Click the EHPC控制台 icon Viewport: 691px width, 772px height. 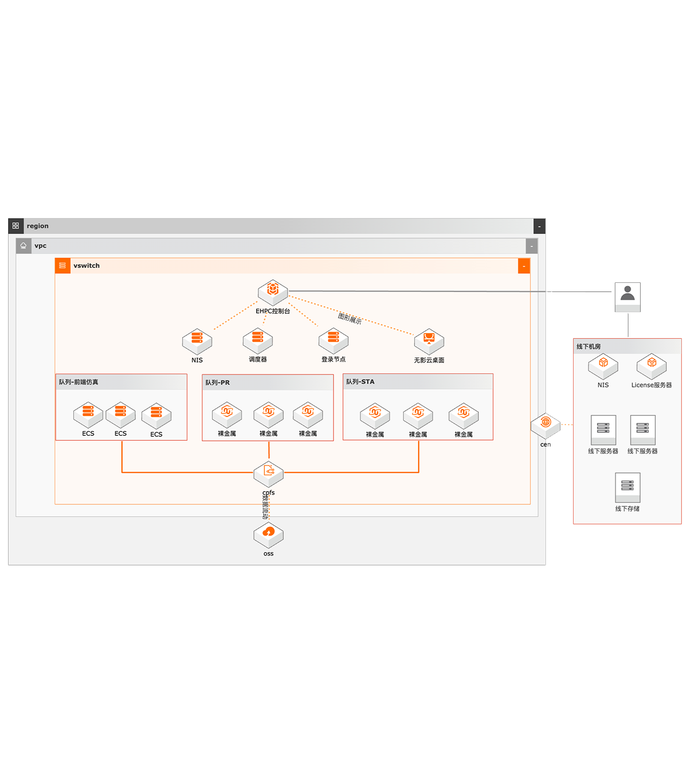(x=273, y=292)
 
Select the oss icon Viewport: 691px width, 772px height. (x=268, y=535)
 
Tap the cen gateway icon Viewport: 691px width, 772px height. (x=546, y=425)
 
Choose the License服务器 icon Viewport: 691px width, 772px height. (x=651, y=366)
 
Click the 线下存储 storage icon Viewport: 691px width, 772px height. (x=627, y=487)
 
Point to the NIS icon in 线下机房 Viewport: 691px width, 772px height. (x=603, y=366)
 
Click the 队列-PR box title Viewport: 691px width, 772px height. (x=217, y=382)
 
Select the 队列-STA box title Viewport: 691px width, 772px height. (x=360, y=381)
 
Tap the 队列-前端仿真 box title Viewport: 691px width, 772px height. (x=79, y=382)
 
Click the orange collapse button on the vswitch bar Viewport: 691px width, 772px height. (x=524, y=266)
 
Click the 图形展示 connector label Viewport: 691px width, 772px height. (x=350, y=318)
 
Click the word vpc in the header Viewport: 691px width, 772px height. (x=41, y=246)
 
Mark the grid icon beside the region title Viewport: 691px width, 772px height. (x=16, y=226)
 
